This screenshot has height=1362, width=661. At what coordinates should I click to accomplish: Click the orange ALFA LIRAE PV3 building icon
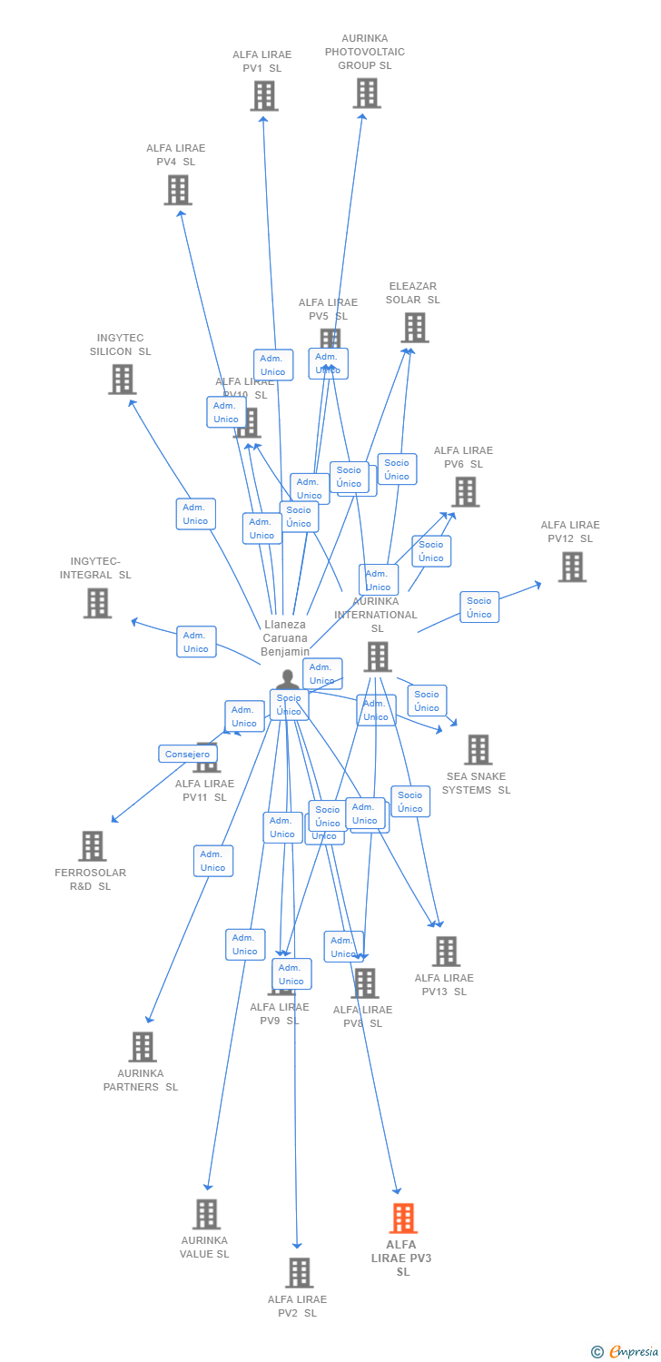pos(403,1219)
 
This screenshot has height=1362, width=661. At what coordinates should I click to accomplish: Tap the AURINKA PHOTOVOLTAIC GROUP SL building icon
pos(367,94)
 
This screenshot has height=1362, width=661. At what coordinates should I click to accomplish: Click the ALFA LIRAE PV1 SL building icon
pos(264,96)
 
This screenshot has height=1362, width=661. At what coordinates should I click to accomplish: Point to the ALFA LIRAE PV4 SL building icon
pos(178,191)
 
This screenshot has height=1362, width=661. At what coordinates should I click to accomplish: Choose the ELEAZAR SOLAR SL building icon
pos(414,328)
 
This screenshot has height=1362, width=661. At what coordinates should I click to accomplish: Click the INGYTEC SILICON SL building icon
pos(122,380)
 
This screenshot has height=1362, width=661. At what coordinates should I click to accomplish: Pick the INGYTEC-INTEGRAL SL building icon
pos(97,603)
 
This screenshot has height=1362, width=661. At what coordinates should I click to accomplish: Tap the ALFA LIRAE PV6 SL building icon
pos(465,492)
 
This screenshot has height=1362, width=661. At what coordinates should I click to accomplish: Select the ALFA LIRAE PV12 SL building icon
pos(571,567)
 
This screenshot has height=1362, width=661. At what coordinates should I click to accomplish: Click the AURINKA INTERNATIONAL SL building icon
pos(377,656)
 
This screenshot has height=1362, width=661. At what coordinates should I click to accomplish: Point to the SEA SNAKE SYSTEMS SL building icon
pos(478,750)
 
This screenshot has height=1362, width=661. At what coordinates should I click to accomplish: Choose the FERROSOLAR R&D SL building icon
pos(92,846)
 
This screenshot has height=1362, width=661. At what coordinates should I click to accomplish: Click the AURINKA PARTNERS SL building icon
pos(142,1047)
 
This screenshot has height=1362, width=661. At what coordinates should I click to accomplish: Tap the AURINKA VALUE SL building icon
pos(206,1214)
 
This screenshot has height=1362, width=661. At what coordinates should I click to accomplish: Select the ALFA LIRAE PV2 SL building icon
pos(299,1273)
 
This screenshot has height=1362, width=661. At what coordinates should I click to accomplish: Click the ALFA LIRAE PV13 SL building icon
pos(445,952)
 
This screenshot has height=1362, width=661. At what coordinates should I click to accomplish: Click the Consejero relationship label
pos(188,754)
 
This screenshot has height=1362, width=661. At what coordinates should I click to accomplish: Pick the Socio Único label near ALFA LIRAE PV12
pos(479,607)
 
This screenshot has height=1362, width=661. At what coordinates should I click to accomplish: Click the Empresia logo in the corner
pos(632,1352)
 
